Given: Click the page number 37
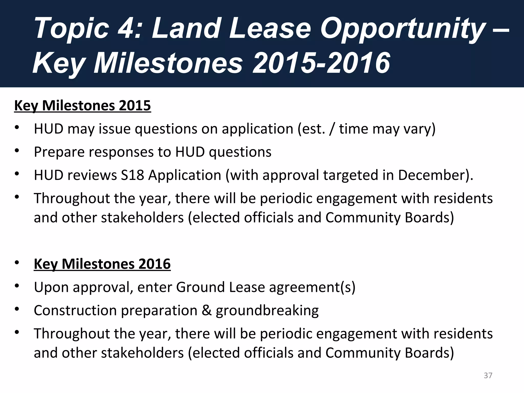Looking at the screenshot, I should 488,375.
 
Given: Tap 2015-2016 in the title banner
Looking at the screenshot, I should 321,63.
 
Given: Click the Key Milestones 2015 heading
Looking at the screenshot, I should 82,105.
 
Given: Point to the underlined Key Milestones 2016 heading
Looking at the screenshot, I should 102,264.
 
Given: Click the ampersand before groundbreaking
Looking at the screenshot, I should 206,310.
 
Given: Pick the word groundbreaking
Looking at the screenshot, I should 267,311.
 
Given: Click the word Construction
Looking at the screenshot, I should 75,310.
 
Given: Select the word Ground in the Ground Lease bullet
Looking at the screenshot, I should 200,287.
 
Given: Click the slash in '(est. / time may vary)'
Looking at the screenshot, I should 332,129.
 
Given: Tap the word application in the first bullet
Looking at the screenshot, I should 257,129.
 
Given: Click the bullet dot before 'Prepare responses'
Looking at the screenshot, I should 17,151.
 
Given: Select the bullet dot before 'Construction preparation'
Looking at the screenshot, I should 17,309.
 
